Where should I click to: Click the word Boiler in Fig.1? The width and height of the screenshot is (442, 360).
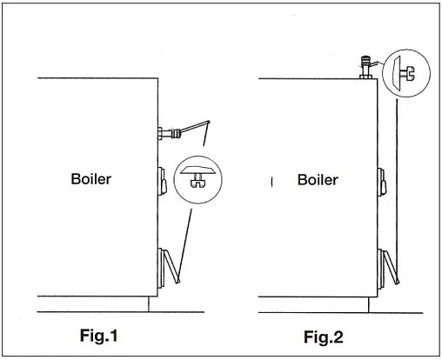pyautogui.click(x=91, y=179)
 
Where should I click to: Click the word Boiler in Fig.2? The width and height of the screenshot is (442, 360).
pyautogui.click(x=318, y=180)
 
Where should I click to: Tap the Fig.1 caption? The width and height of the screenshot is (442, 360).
pyautogui.click(x=99, y=336)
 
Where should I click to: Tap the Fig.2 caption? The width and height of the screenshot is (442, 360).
pyautogui.click(x=324, y=337)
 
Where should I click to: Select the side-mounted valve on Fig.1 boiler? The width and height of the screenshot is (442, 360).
pyautogui.click(x=169, y=133)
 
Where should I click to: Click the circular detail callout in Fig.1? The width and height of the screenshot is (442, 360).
pyautogui.click(x=198, y=180)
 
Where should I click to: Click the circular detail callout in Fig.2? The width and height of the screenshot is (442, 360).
pyautogui.click(x=406, y=73)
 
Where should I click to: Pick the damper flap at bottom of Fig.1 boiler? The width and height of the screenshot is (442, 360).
pyautogui.click(x=170, y=266)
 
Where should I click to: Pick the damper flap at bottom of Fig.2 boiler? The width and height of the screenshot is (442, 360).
pyautogui.click(x=389, y=267)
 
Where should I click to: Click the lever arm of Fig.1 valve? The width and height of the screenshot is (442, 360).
pyautogui.click(x=194, y=127)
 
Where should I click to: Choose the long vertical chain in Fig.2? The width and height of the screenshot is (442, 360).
pyautogui.click(x=397, y=188)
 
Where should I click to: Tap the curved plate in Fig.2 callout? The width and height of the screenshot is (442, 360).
pyautogui.click(x=396, y=73)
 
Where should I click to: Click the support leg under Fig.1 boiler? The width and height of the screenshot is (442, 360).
pyautogui.click(x=149, y=304)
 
